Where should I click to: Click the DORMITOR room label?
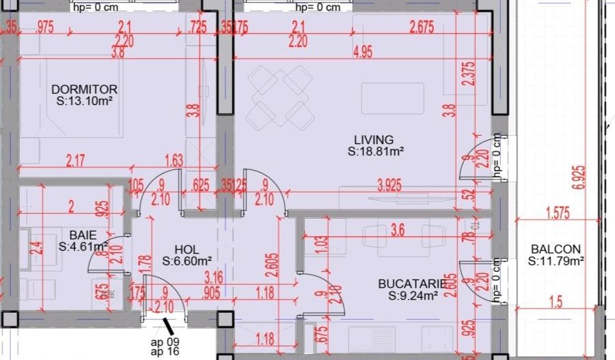click(x=85, y=89)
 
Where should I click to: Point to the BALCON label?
click(x=555, y=249)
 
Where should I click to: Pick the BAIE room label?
click(x=81, y=234)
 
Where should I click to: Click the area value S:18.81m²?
click(x=375, y=152)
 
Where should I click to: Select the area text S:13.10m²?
click(x=85, y=101)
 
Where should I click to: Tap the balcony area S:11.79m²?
click(x=556, y=261)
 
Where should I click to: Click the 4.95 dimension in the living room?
click(x=362, y=53)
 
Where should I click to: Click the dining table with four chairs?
click(x=279, y=97)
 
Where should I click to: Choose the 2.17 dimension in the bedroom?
click(x=77, y=161)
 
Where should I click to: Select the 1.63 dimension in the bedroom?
click(x=174, y=161)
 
